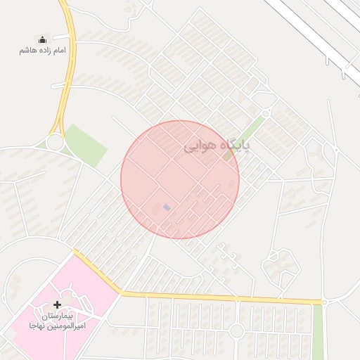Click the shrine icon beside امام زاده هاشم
pos(41,39)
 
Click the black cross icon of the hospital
pos(57,305)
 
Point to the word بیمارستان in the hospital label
pos(57,316)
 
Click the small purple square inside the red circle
pos(167,207)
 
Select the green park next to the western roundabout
pos(85,144)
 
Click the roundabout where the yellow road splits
pos(55,143)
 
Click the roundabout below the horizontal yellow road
pos(237,330)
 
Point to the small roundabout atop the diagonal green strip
pos(266,112)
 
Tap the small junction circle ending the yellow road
pos(325,302)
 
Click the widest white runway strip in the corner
pos(309,32)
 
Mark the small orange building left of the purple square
pos(156,207)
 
